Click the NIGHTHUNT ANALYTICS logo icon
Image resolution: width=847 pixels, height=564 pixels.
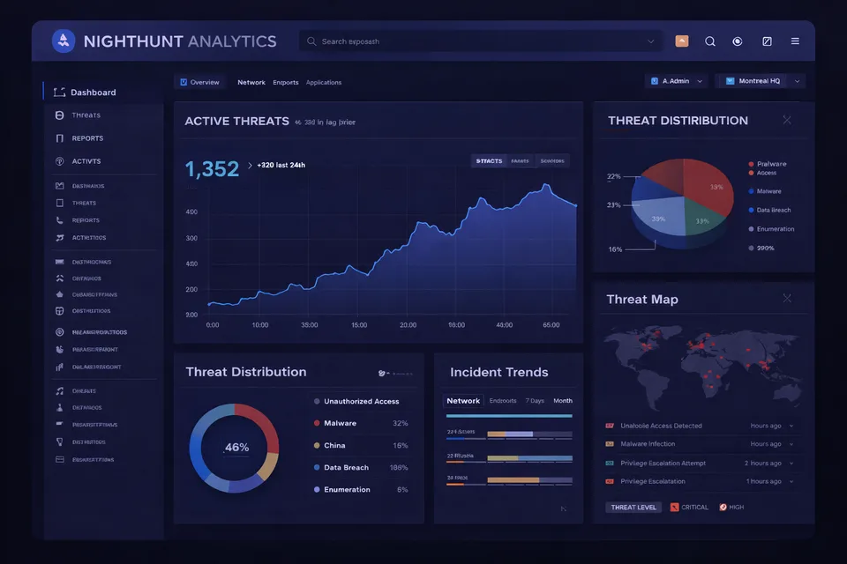64,41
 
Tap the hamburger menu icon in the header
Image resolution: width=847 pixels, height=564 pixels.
795,41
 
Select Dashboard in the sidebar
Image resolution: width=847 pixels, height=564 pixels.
93,93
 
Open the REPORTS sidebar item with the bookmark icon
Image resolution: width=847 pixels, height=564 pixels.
87,138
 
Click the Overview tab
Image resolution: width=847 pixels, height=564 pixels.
200,82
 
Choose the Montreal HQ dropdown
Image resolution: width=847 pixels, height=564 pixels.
760,81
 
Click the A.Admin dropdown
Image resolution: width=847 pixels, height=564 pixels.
677,81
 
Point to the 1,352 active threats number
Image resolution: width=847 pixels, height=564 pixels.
212,169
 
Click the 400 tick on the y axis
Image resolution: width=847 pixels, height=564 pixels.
191,212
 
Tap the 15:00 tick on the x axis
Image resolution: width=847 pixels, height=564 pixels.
359,325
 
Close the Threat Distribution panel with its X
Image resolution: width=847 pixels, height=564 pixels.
787,120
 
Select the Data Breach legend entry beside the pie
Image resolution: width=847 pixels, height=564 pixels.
774,211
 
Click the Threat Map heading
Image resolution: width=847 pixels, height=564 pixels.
642,300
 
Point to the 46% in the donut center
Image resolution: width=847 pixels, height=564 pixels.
236,448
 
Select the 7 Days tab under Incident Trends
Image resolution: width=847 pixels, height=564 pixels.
535,401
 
